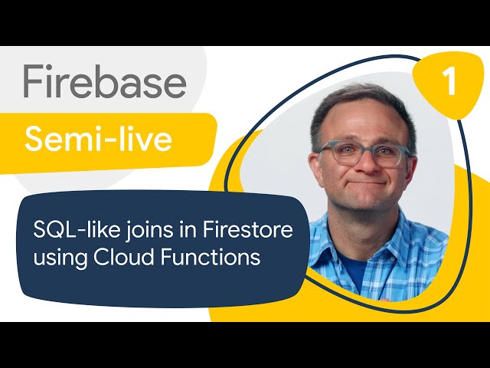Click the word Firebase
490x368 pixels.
(x=105, y=81)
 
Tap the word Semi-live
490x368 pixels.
(x=99, y=139)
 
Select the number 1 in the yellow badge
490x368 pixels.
(x=449, y=82)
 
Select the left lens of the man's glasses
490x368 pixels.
(x=340, y=153)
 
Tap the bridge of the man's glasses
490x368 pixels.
(x=364, y=149)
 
